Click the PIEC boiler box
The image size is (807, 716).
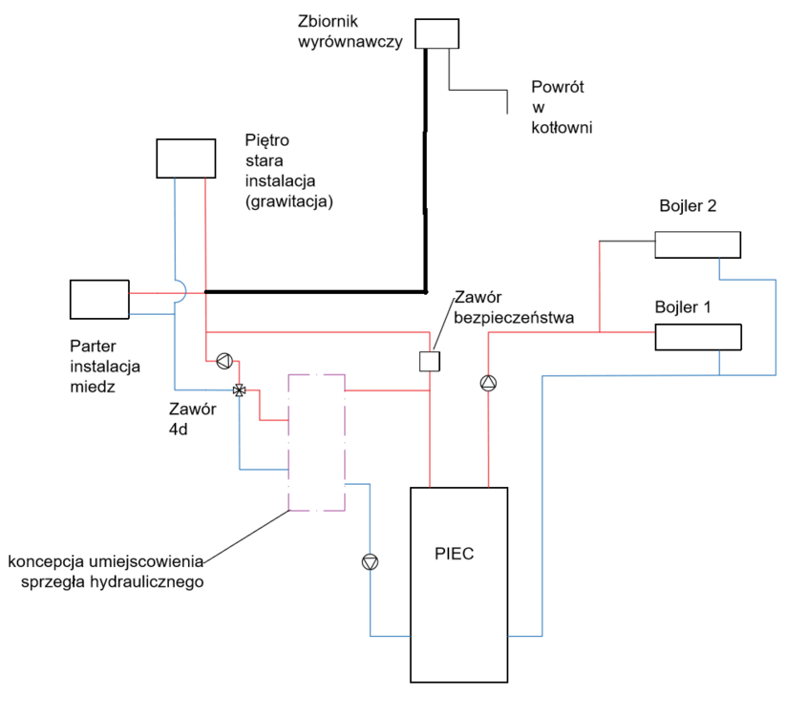pyautogui.click(x=458, y=611)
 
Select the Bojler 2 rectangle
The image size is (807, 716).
pyautogui.click(x=697, y=243)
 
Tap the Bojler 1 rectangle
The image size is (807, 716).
pyautogui.click(x=697, y=337)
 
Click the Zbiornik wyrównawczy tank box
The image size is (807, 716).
pyautogui.click(x=437, y=34)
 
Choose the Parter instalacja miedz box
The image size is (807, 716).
pyautogui.click(x=99, y=299)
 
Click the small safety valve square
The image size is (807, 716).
pyautogui.click(x=430, y=362)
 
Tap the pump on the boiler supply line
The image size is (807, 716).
pyautogui.click(x=488, y=384)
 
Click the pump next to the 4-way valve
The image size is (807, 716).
pyautogui.click(x=223, y=361)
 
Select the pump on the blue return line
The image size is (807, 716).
pyautogui.click(x=370, y=562)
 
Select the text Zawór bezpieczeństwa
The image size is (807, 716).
pyautogui.click(x=514, y=307)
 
